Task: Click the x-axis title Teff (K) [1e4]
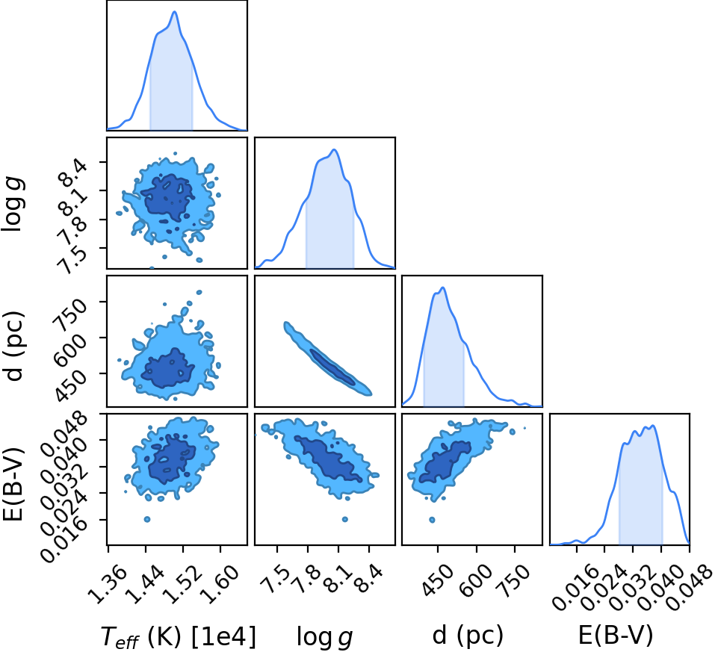tap(178, 636)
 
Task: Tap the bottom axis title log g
tap(325, 637)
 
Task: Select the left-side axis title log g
tap(13, 205)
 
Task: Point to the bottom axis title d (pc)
tap(468, 636)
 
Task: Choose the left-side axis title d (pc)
tap(13, 346)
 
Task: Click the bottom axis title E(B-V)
tap(616, 636)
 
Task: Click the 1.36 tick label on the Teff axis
tap(106, 584)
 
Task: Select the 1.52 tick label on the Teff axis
tap(182, 584)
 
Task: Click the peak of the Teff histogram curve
tap(175, 11)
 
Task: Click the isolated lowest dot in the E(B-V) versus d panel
tap(432, 520)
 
